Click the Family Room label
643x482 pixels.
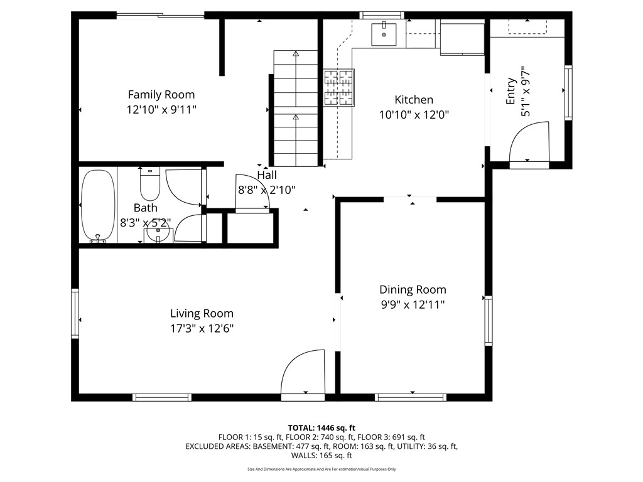click(x=161, y=95)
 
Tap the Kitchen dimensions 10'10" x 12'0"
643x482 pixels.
click(x=413, y=115)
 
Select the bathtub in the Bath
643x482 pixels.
click(x=98, y=205)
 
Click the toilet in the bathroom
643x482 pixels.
click(x=149, y=185)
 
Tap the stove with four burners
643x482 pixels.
click(x=338, y=87)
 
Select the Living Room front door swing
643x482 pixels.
click(x=303, y=374)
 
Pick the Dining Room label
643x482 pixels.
click(x=413, y=289)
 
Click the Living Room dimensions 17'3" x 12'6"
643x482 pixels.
click(x=202, y=328)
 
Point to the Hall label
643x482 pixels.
click(x=266, y=175)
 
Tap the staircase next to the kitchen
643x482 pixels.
click(x=296, y=107)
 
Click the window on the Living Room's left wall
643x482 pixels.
click(x=75, y=313)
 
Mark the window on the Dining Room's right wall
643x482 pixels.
click(x=488, y=321)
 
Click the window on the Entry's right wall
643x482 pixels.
click(x=568, y=93)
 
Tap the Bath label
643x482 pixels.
click(x=145, y=208)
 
